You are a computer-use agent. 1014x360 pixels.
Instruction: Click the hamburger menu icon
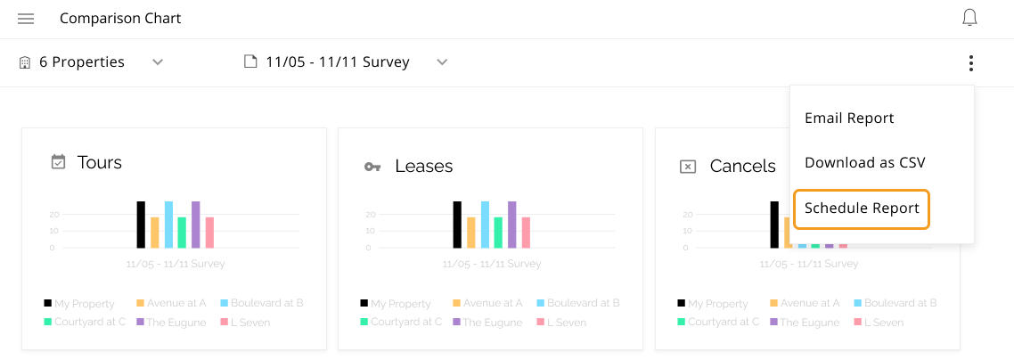[26, 19]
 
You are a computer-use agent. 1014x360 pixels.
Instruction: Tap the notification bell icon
[970, 18]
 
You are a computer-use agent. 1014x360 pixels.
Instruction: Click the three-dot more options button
[970, 63]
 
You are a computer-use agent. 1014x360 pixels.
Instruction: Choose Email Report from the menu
[849, 118]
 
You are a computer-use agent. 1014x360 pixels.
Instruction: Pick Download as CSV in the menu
[864, 162]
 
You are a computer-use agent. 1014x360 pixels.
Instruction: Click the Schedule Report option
[862, 209]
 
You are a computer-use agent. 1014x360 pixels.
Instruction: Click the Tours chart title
[100, 162]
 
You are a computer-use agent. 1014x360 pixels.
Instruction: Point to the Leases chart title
[423, 166]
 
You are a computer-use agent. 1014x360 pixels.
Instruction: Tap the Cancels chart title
[742, 166]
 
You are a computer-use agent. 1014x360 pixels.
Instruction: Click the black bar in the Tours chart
[141, 225]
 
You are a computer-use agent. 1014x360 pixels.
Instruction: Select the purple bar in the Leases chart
[512, 225]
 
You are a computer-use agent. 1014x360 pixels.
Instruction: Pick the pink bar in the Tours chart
[209, 233]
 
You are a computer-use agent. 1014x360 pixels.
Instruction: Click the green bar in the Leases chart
[498, 233]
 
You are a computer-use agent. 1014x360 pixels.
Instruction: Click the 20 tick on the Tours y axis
[54, 215]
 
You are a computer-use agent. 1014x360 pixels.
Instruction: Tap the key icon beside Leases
[372, 167]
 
